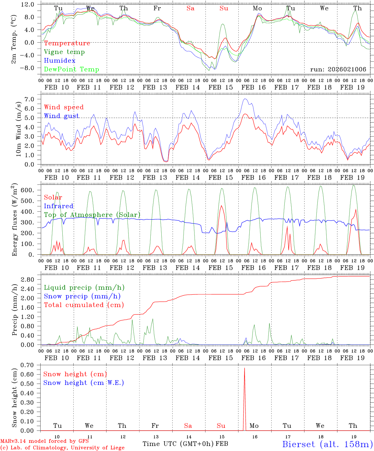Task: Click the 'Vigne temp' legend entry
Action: coord(64,52)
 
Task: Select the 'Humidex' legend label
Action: coord(60,61)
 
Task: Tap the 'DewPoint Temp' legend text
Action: coord(71,70)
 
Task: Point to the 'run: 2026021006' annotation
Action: coord(338,70)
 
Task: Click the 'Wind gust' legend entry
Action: coord(61,116)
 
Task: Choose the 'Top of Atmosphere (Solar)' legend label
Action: coord(92,215)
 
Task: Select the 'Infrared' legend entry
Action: coord(59,206)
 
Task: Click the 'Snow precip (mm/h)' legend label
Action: coord(82,296)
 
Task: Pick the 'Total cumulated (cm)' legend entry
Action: coord(84,305)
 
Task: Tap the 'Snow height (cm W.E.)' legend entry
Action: coord(84,383)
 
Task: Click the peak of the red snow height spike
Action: coord(244,368)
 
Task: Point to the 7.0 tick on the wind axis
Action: coord(31,99)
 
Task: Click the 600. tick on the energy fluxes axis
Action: coord(28,190)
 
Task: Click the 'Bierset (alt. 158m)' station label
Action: coord(327,444)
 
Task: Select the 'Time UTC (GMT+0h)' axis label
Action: coord(178,444)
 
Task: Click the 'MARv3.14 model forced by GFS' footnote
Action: coord(44,441)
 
